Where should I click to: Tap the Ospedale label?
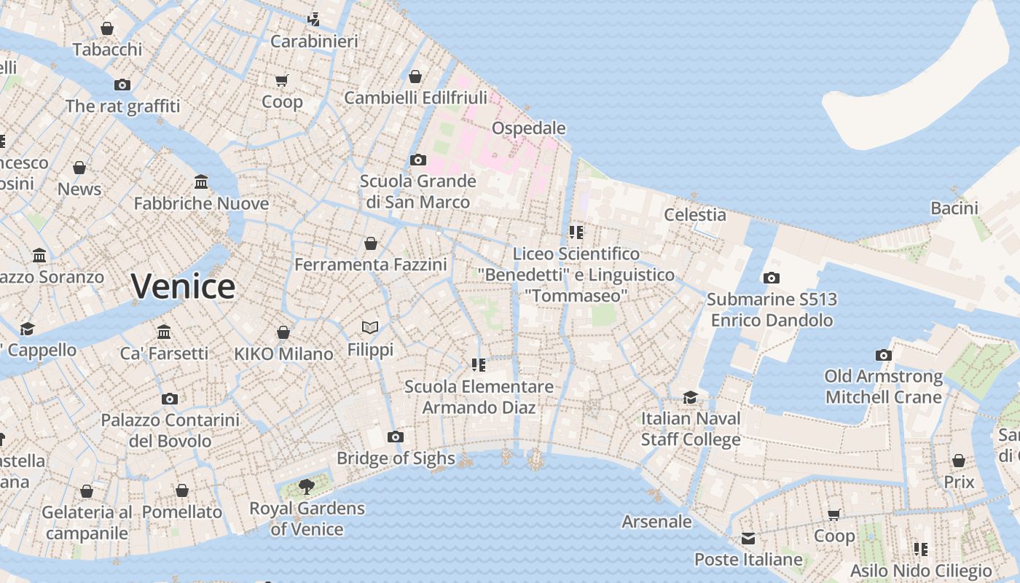[528, 128]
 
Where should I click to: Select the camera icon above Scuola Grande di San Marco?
[418, 160]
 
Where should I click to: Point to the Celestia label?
[695, 214]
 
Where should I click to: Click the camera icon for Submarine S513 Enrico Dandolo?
[772, 278]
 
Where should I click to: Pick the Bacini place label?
[954, 208]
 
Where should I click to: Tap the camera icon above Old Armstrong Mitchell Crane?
[884, 355]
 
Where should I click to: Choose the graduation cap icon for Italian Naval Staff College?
[690, 397]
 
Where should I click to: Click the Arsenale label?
[656, 521]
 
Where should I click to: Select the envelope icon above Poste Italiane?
[748, 539]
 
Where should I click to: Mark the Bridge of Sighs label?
[396, 458]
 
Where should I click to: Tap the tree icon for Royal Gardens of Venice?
[307, 486]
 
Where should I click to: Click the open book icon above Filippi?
[370, 328]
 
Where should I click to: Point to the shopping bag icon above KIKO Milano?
[283, 332]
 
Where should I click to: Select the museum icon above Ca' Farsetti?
[164, 332]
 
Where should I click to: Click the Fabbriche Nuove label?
[201, 203]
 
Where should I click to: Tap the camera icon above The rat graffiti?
[122, 85]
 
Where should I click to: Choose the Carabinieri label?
[314, 42]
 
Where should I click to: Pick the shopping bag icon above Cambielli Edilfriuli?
[415, 77]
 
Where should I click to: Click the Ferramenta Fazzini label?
[371, 265]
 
